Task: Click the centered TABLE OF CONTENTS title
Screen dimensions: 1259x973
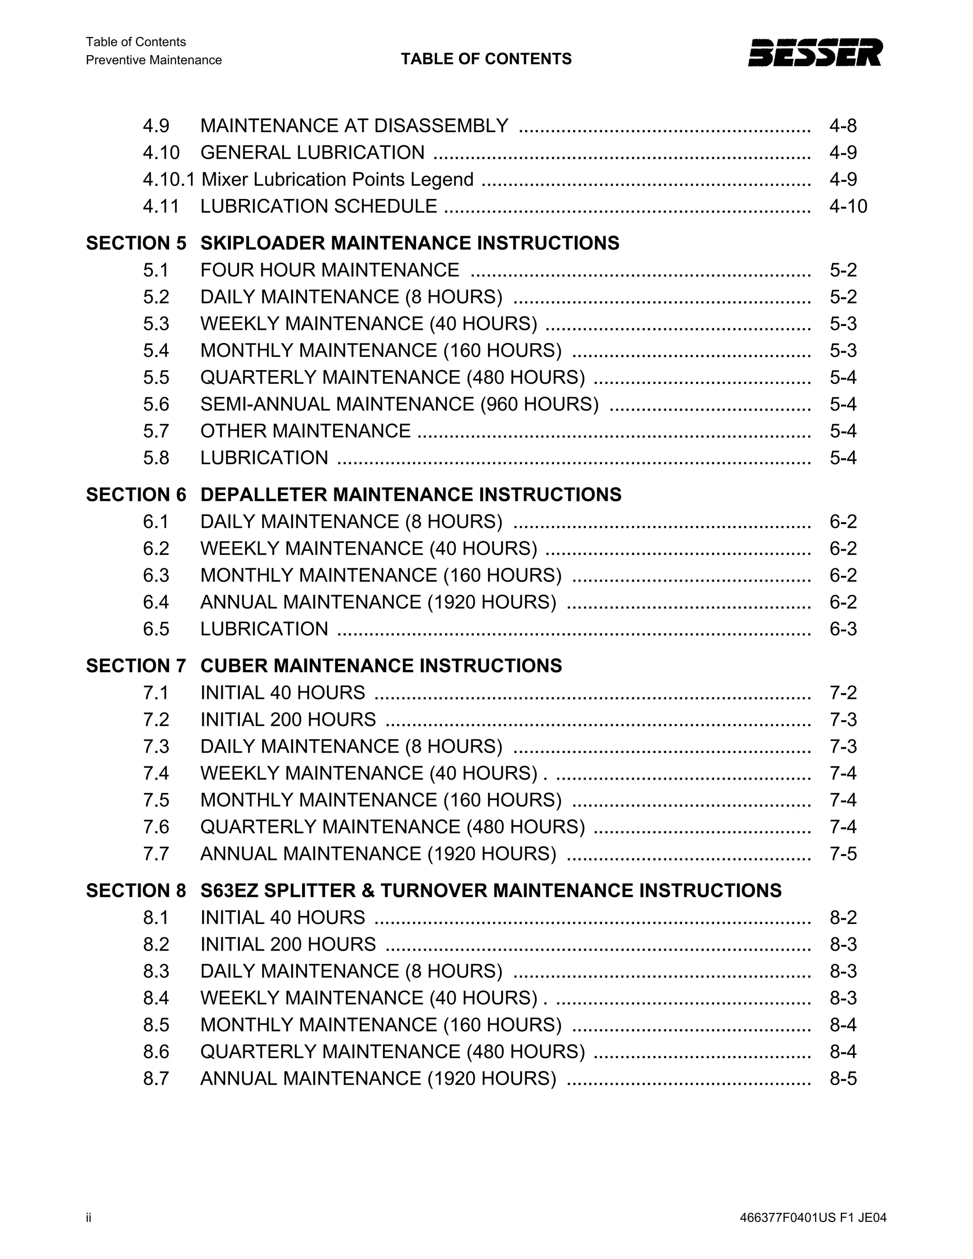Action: (486, 59)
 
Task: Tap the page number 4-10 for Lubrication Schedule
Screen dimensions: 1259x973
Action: (848, 206)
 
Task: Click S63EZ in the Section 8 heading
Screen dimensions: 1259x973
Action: (229, 891)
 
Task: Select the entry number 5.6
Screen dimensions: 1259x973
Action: (156, 404)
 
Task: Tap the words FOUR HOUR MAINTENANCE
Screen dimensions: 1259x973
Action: (330, 270)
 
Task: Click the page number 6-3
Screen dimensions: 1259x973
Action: (843, 629)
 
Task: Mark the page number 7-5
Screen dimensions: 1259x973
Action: (843, 854)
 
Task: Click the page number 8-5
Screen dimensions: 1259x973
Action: (843, 1078)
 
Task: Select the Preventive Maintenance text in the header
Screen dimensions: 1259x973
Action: (154, 60)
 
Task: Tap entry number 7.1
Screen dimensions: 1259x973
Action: (156, 692)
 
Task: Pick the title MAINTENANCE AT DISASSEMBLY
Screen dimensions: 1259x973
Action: (354, 126)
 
